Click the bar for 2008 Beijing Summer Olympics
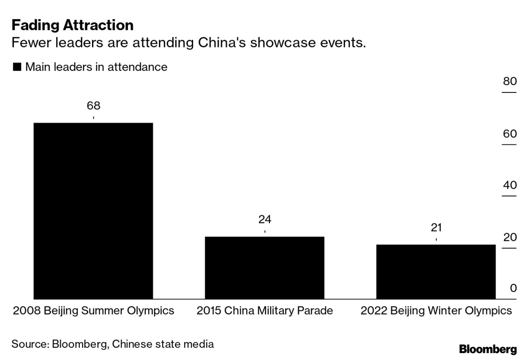pos(93,211)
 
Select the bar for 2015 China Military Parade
pos(264,268)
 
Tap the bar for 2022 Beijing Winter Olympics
pos(435,272)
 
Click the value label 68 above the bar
pos(93,106)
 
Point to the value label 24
pos(264,220)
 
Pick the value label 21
pos(436,228)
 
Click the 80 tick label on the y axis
pos(510,81)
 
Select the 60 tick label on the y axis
pos(510,134)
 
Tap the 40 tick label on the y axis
pos(510,185)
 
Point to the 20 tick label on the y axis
pos(510,237)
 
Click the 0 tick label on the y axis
pos(513,288)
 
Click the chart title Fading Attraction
pos(72,25)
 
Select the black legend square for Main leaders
pos(17,67)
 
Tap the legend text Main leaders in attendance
pos(96,67)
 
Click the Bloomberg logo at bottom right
pos(488,349)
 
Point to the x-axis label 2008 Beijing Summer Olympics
pos(93,311)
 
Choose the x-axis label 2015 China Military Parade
pos(264,311)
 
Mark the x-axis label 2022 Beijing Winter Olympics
pos(436,311)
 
